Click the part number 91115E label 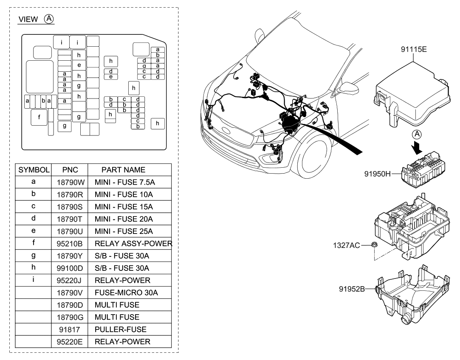tap(413, 49)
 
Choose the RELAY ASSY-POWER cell tap(133, 244)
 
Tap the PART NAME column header tap(123, 170)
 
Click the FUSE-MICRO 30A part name tap(121, 292)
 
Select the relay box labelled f tap(39, 117)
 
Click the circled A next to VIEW tap(50, 20)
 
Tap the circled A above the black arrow tap(418, 134)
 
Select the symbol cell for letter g tap(33, 256)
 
